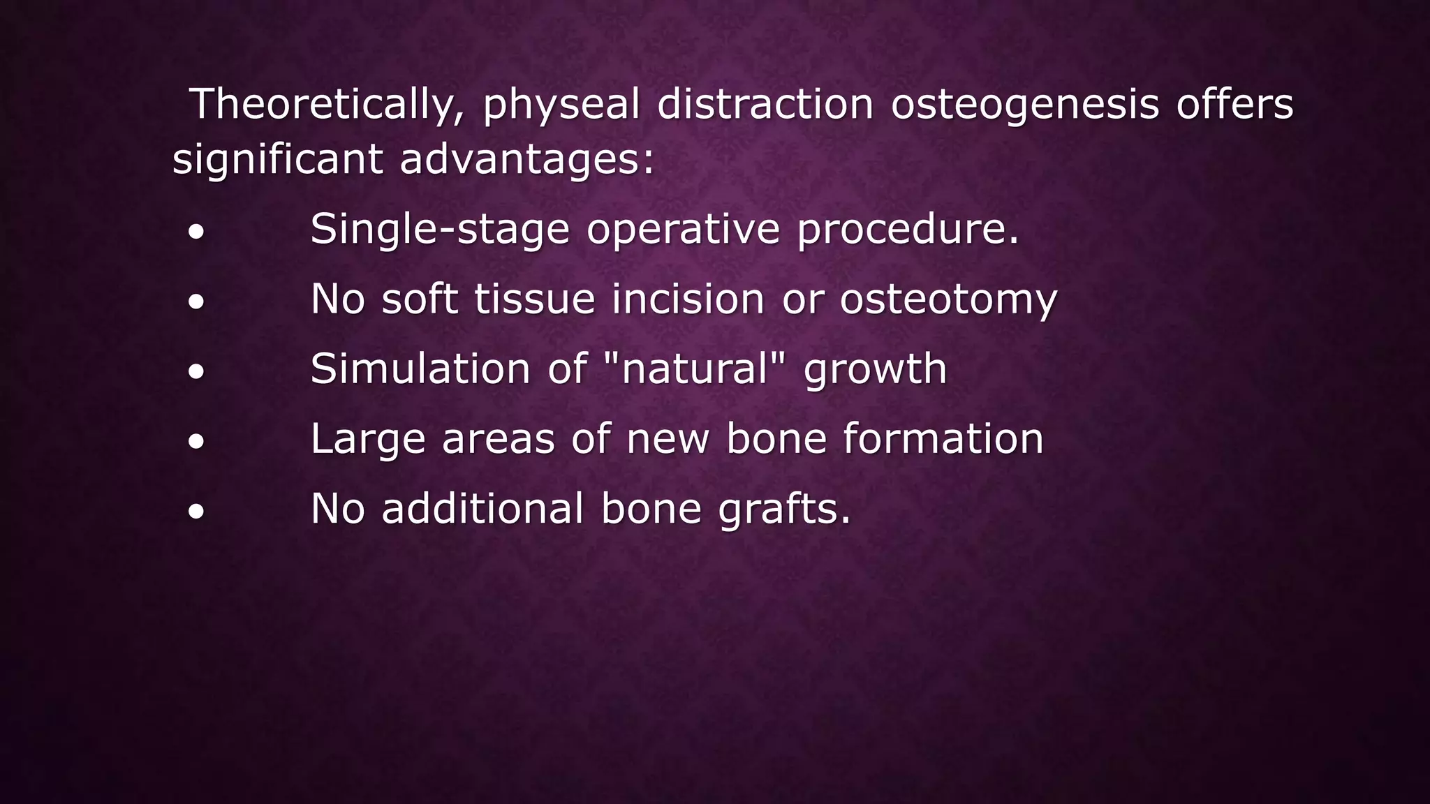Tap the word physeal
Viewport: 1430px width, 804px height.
tap(561, 105)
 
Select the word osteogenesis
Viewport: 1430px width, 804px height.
tap(1024, 105)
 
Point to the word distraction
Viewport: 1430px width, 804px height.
tap(765, 105)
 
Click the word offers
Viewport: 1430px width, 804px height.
tap(1234, 105)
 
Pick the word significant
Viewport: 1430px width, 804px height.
tap(277, 159)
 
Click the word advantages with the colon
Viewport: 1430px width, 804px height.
tap(527, 159)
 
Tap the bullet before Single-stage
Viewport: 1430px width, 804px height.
tap(196, 232)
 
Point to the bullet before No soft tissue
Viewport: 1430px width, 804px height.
tap(196, 301)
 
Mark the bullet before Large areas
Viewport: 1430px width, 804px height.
tap(196, 441)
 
